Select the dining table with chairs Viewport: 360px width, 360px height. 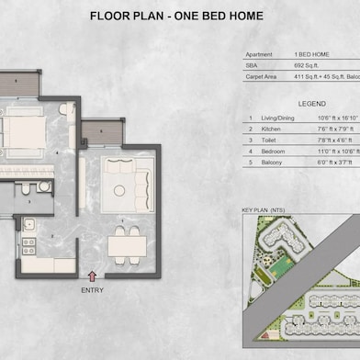click(125, 244)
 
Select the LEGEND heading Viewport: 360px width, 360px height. click(298, 103)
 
